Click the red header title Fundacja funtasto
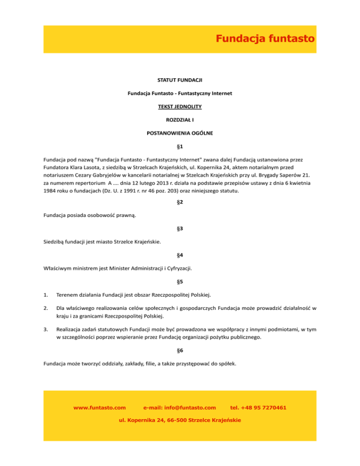pyautogui.click(x=265, y=39)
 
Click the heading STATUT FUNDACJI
pyautogui.click(x=180, y=81)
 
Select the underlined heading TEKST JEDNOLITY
pyautogui.click(x=180, y=107)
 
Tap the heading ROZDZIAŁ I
pyautogui.click(x=180, y=120)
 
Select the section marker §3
pyautogui.click(x=180, y=229)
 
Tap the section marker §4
pyautogui.click(x=180, y=256)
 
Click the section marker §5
pyautogui.click(x=180, y=283)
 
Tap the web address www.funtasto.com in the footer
pyautogui.click(x=100, y=408)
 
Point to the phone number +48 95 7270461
pyautogui.click(x=265, y=408)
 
